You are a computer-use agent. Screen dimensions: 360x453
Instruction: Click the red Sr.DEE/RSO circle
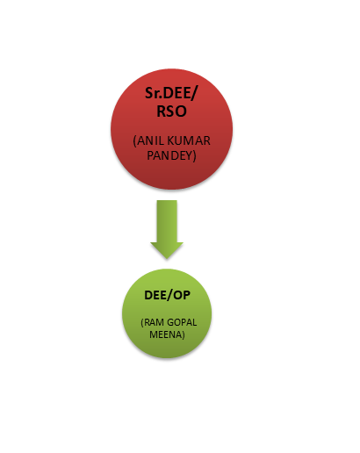point(171,129)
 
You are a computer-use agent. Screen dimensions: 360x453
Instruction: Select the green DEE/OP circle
point(167,313)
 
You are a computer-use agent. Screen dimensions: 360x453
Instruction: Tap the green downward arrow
point(167,229)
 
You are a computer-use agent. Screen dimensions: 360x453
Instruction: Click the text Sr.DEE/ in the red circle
point(171,93)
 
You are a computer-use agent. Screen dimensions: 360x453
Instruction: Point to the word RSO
point(171,111)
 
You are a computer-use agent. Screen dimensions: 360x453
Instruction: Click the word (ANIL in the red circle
point(146,140)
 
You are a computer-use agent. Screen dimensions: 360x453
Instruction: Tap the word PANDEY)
point(171,155)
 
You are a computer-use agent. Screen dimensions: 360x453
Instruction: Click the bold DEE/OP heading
point(167,295)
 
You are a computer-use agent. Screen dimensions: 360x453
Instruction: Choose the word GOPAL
point(182,322)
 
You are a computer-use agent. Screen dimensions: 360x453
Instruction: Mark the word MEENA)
point(167,334)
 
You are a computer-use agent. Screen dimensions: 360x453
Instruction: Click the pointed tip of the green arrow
point(167,259)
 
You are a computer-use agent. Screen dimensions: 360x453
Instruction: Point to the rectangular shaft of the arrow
point(167,221)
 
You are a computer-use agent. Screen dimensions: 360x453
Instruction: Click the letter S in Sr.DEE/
point(149,93)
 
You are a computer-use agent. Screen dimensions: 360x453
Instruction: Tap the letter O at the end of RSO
point(181,111)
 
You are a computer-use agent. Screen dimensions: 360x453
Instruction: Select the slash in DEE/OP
point(169,295)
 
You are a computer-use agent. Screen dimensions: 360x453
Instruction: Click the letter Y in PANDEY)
point(189,155)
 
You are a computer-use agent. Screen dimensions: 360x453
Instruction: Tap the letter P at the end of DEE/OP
point(187,295)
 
